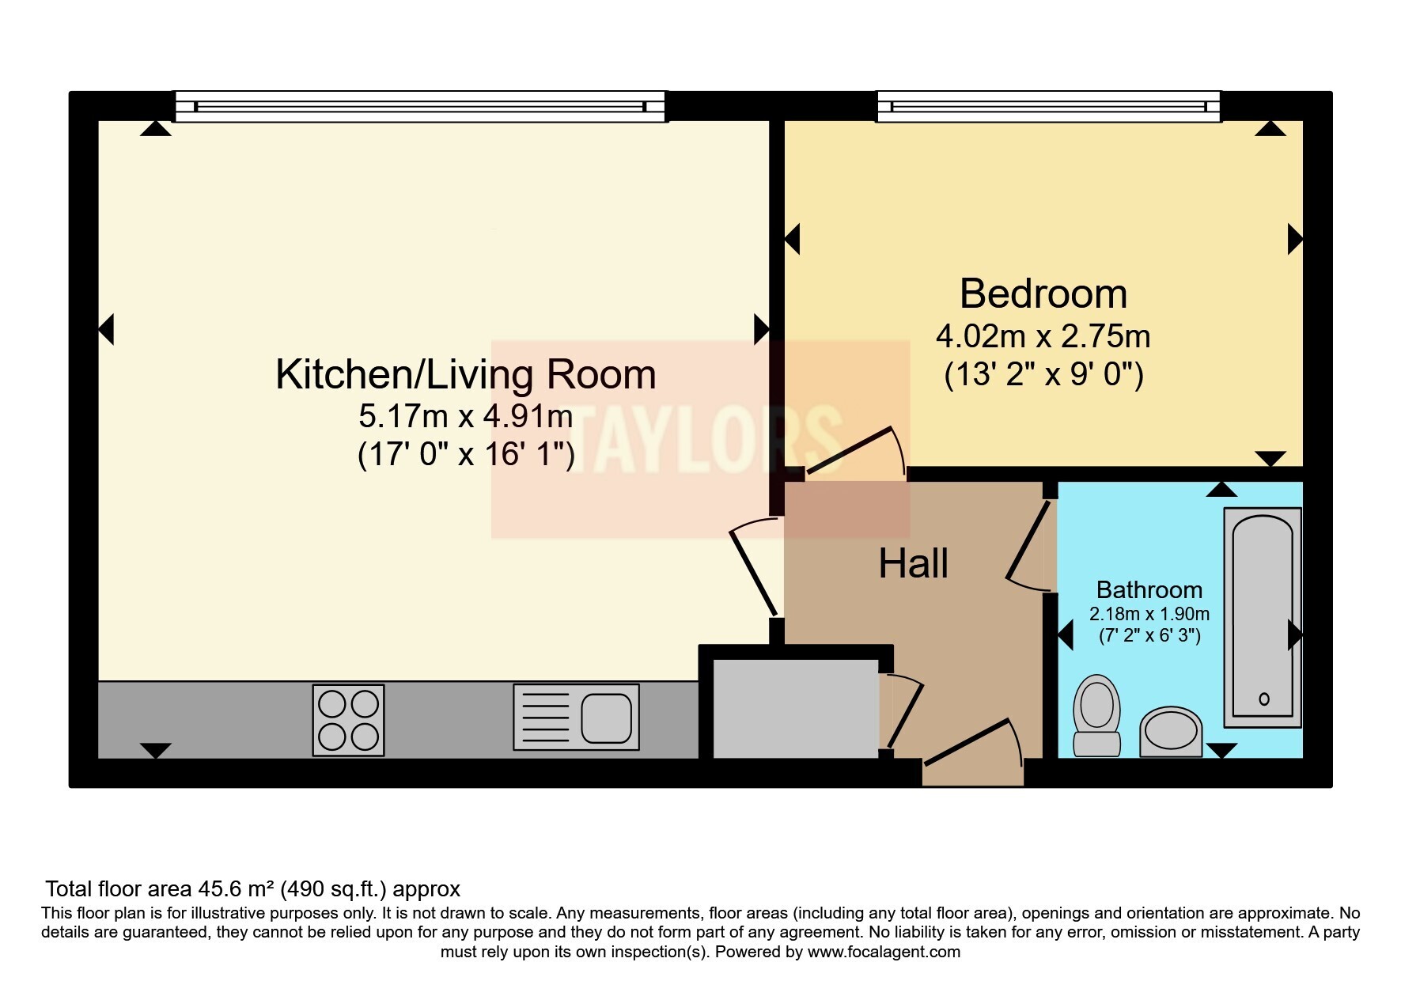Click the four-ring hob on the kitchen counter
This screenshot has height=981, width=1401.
coord(348,719)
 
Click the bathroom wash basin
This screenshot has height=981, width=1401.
coord(1171,730)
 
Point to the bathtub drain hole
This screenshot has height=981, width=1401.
coord(1263,698)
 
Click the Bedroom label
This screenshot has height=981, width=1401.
coord(1043,294)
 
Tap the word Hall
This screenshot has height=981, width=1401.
coord(913,564)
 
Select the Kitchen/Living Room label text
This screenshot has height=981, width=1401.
coord(465,374)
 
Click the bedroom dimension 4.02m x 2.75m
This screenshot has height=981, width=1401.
coord(1043,337)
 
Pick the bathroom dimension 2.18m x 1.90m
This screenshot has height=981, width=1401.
coord(1149,614)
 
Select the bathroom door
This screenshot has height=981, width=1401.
coord(1028,546)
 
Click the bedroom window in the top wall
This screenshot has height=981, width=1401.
coord(1048,107)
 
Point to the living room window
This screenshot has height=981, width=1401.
coord(420,107)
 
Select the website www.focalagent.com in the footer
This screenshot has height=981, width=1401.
coord(883,952)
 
